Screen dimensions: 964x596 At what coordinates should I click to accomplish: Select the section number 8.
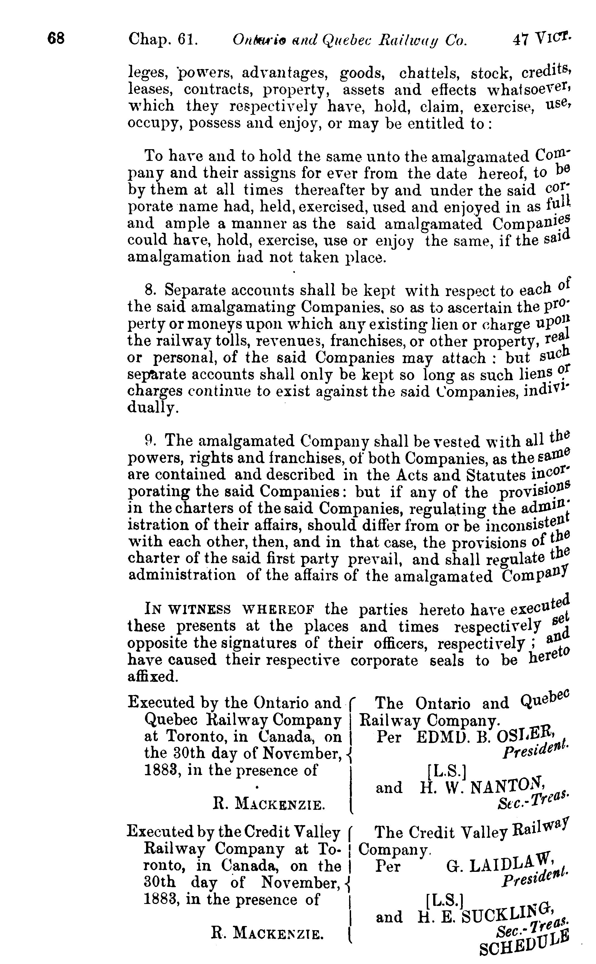[149, 290]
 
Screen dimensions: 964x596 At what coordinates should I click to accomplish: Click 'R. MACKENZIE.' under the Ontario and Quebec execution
[269, 804]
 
